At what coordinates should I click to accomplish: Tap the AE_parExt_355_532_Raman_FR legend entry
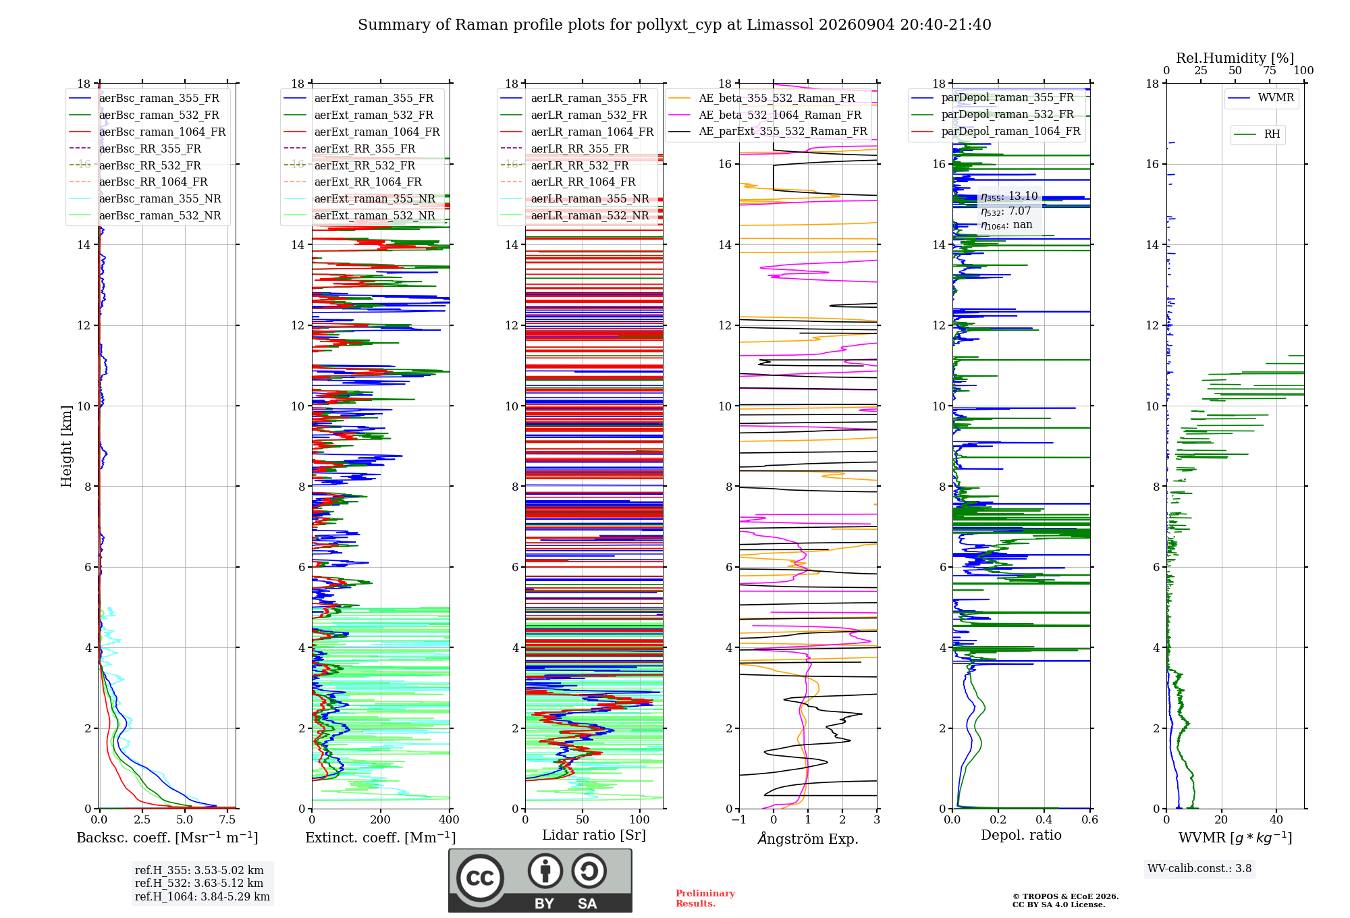click(768, 131)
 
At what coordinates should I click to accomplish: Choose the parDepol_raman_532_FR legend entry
click(993, 115)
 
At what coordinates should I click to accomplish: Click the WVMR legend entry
click(1262, 98)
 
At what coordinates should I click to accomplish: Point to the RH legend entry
click(1258, 134)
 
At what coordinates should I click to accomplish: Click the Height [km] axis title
click(66, 446)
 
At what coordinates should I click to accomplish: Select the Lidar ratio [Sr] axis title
click(594, 835)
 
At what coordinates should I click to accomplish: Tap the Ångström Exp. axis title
click(808, 838)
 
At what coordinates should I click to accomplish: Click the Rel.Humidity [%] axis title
click(1235, 58)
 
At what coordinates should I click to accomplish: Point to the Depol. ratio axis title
click(1021, 835)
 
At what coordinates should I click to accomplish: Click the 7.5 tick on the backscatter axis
click(227, 819)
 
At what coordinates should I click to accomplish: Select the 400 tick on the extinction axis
click(450, 819)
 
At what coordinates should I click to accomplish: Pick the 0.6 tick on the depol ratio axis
click(1090, 819)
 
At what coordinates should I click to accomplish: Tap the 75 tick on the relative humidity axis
click(1270, 70)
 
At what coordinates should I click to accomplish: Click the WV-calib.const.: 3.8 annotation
click(1199, 869)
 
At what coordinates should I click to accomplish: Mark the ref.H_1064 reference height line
click(202, 896)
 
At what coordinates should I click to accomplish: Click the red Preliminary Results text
click(705, 898)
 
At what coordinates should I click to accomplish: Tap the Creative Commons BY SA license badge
click(541, 881)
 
